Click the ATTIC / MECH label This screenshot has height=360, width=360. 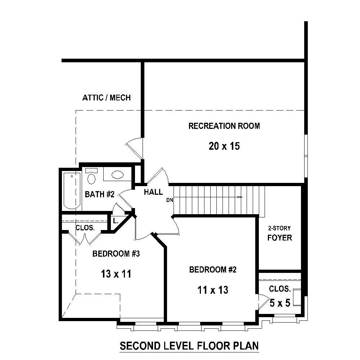[x=106, y=98]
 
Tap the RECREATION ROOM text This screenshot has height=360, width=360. [x=224, y=126]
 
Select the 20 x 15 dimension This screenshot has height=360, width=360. [x=224, y=146]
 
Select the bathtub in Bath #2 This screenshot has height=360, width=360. [x=72, y=190]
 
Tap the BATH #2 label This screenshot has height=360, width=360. [x=99, y=195]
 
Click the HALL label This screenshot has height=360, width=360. [x=153, y=192]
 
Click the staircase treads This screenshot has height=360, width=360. [x=216, y=200]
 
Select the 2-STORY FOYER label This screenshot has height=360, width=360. [x=279, y=234]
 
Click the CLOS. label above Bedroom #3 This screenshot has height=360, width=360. [x=85, y=228]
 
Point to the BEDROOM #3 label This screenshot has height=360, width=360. [x=116, y=254]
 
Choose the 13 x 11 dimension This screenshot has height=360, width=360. [x=116, y=274]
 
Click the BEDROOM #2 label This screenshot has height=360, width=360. [x=213, y=270]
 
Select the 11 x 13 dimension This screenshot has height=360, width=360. [x=213, y=290]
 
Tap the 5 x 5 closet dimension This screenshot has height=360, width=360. [x=280, y=303]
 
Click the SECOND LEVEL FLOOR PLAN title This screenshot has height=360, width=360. [x=189, y=346]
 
